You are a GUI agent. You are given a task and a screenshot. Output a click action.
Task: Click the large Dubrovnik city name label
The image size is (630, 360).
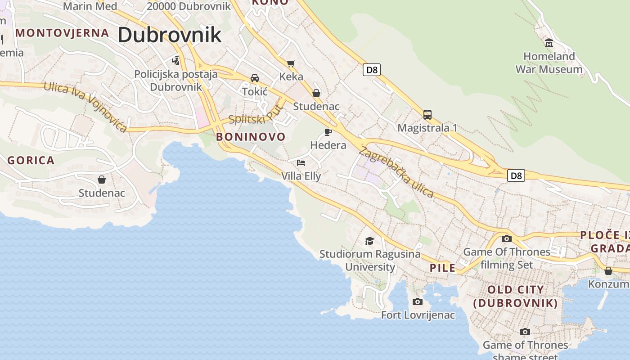pyautogui.click(x=170, y=35)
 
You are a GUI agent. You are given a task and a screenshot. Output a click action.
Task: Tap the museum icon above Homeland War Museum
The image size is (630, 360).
pyautogui.click(x=549, y=43)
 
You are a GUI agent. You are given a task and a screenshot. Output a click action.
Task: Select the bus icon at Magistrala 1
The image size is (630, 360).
pyautogui.click(x=427, y=115)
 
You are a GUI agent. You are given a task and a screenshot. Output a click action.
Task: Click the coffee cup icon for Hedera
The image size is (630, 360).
pyautogui.click(x=328, y=132)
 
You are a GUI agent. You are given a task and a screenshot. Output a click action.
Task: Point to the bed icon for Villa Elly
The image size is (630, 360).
pyautogui.click(x=301, y=162)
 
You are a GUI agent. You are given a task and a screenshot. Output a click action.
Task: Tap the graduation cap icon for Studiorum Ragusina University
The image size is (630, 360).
pyautogui.click(x=369, y=241)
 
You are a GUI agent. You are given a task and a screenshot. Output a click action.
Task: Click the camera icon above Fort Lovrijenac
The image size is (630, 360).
pyautogui.click(x=418, y=301)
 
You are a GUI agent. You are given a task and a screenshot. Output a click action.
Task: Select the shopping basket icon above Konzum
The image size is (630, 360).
pyautogui.click(x=608, y=271)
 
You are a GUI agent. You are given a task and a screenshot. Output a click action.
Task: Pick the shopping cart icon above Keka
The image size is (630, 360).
pyautogui.click(x=291, y=63)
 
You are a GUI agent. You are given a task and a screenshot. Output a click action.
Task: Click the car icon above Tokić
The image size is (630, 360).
pyautogui.click(x=255, y=78)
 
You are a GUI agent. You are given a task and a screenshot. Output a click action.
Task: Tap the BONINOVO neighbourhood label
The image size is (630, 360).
pyautogui.click(x=251, y=137)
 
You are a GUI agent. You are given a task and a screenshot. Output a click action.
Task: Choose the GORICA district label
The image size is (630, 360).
pyautogui.click(x=31, y=160)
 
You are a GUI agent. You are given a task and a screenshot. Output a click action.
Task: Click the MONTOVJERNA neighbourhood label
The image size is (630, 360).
pyautogui.click(x=62, y=33)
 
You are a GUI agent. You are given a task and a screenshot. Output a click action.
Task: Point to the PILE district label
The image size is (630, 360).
pyautogui.click(x=442, y=268)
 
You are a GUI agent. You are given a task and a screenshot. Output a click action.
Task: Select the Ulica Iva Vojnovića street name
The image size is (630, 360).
pyautogui.click(x=85, y=107)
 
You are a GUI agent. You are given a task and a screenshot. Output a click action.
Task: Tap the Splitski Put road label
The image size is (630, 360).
pyautogui.click(x=257, y=115)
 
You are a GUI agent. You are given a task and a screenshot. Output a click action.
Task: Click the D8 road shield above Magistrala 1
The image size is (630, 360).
pyautogui.click(x=372, y=70)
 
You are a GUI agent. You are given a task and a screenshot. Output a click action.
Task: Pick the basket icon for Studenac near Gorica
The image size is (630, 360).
pyautogui.click(x=102, y=180)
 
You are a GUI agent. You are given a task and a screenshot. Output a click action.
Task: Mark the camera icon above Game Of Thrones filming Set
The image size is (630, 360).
pyautogui.click(x=507, y=238)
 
